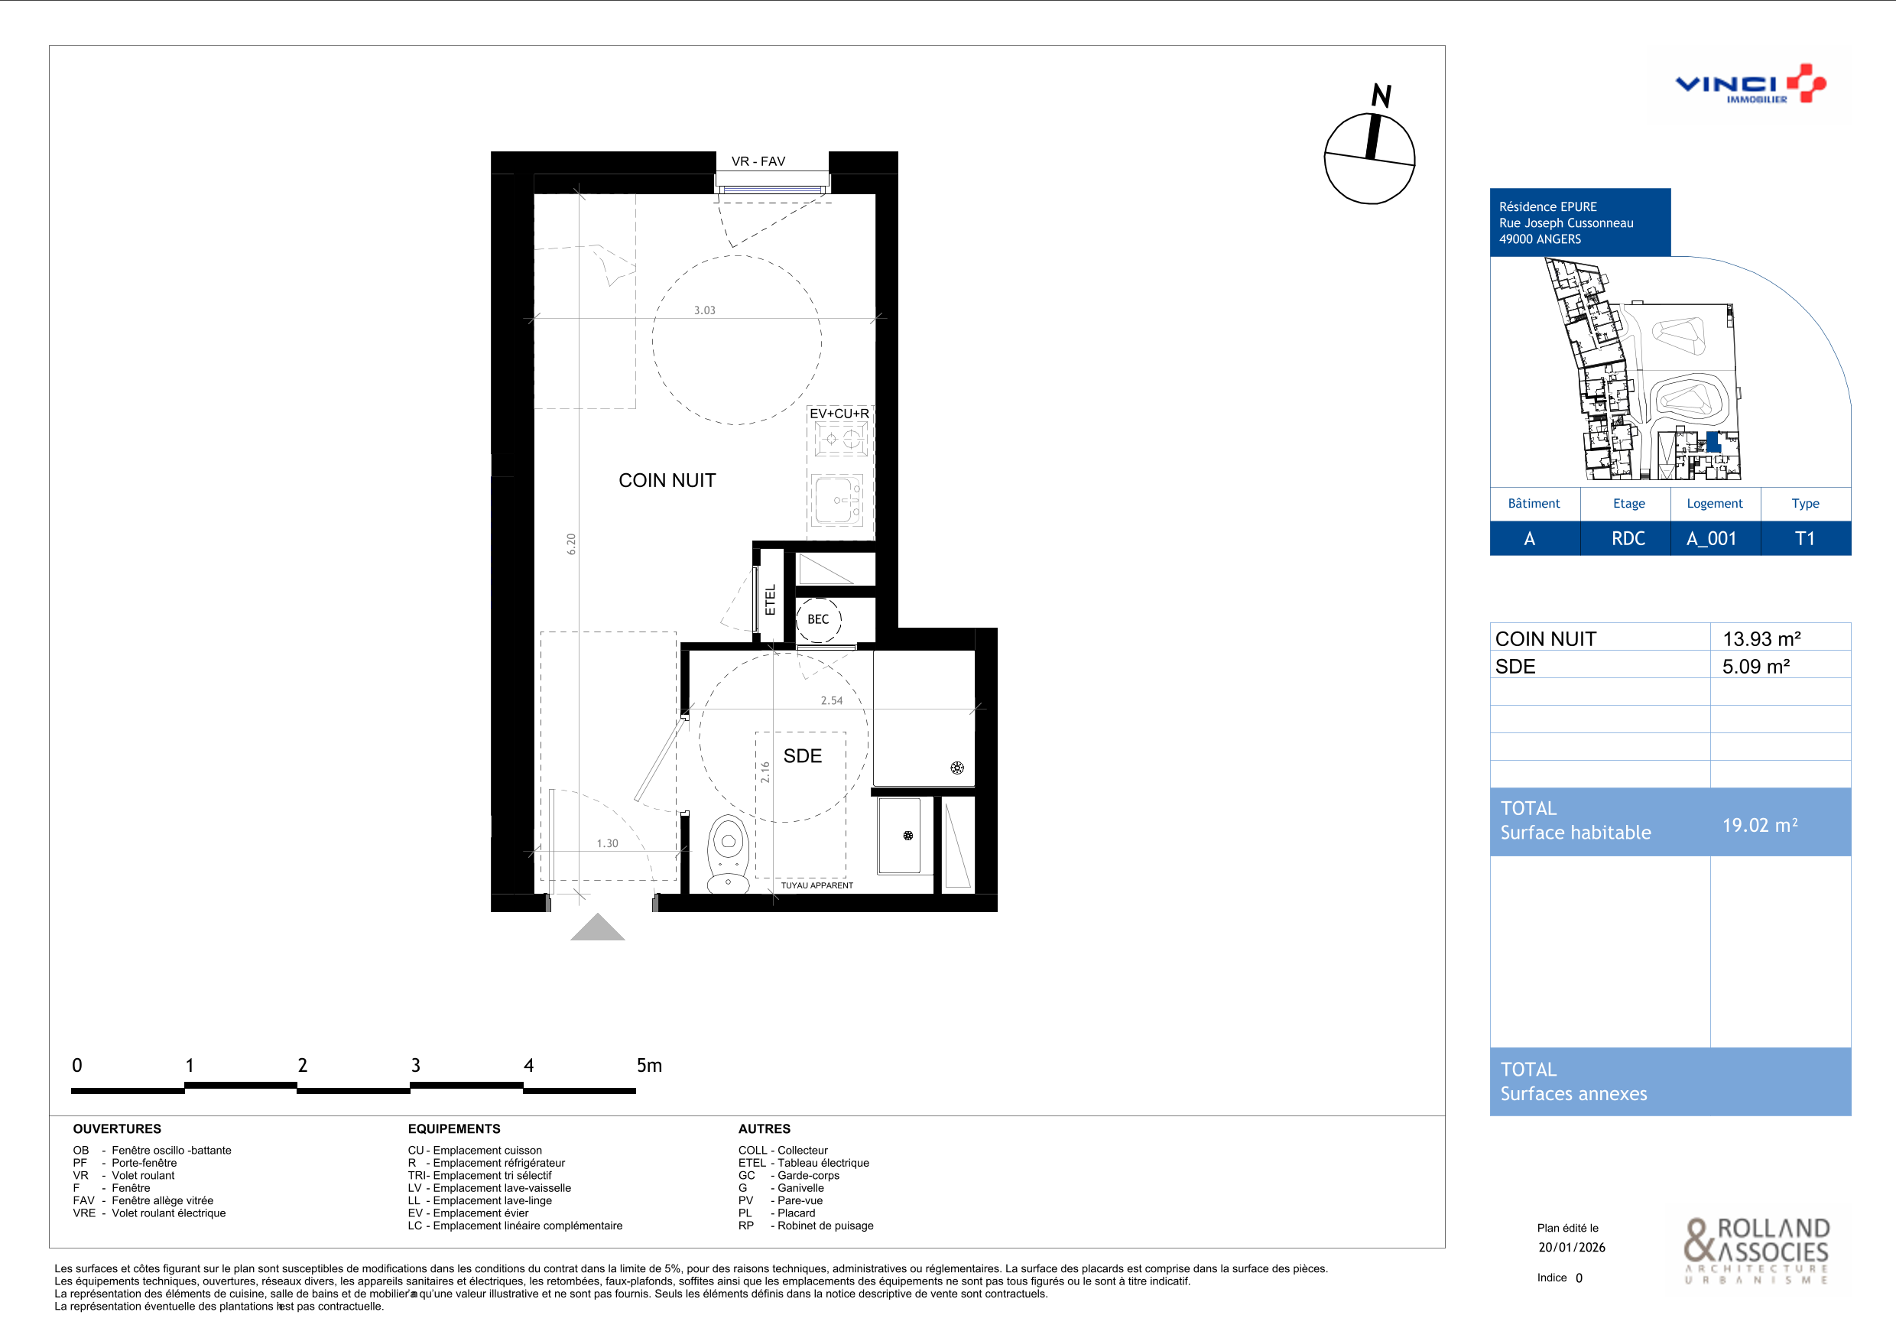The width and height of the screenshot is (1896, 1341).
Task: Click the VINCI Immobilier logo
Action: [x=1751, y=84]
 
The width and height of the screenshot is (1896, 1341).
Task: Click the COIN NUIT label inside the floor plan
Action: [x=667, y=481]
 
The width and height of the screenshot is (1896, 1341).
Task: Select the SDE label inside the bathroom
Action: [x=803, y=755]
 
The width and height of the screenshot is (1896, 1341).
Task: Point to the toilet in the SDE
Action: [x=728, y=856]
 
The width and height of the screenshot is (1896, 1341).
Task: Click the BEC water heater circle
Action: [x=817, y=619]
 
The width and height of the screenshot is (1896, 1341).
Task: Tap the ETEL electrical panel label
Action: [x=771, y=600]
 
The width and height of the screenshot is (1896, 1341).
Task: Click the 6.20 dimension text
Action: [x=571, y=544]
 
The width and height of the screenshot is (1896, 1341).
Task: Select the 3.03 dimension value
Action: [x=704, y=310]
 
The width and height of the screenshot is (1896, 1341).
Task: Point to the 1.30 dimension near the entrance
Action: [x=607, y=843]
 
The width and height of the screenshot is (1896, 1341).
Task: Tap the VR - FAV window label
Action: [x=758, y=161]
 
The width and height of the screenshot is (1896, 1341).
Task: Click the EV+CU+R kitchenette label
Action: [x=839, y=414]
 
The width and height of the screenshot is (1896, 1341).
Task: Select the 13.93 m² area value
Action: [x=1761, y=638]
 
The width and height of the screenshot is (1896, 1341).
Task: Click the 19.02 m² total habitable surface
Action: [x=1760, y=825]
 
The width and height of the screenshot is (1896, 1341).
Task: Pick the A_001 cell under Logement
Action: [x=1711, y=538]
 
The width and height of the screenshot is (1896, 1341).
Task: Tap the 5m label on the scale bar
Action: [x=649, y=1065]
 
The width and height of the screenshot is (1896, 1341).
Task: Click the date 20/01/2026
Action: [x=1572, y=1247]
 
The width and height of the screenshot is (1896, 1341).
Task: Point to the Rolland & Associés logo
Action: [x=1758, y=1250]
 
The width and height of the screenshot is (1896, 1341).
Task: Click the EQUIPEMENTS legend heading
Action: [x=454, y=1128]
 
